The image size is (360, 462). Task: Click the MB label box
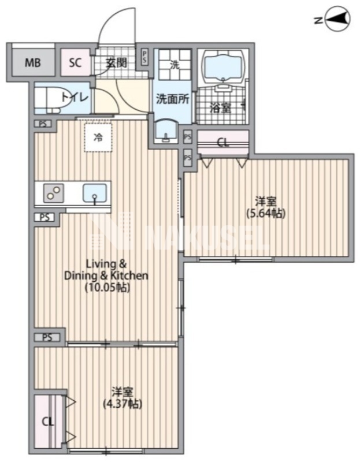pyautogui.click(x=32, y=63)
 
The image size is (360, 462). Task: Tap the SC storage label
pyautogui.click(x=76, y=63)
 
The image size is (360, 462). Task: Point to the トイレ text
pyautogui.click(x=75, y=98)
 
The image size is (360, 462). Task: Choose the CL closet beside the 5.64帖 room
pyautogui.click(x=222, y=141)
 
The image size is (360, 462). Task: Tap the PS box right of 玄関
pyautogui.click(x=144, y=57)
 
